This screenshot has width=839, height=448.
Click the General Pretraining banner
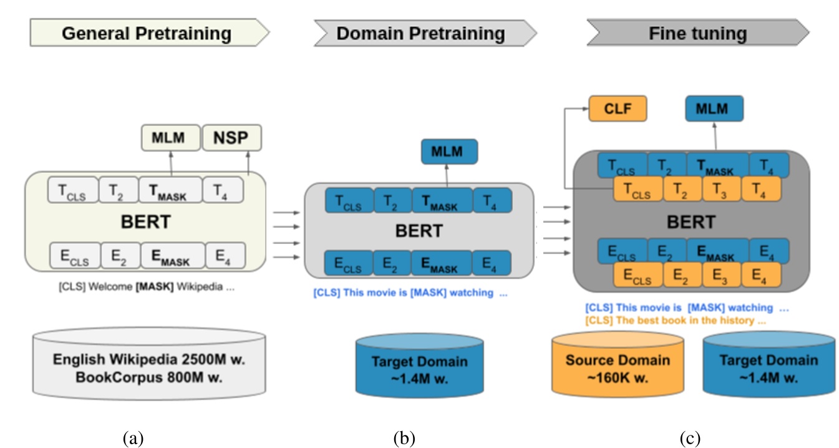[x=147, y=33]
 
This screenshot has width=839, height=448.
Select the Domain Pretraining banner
[x=421, y=33]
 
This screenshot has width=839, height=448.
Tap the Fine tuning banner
[x=697, y=33]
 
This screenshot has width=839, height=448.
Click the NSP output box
[x=231, y=138]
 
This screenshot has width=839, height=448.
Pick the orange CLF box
[x=618, y=109]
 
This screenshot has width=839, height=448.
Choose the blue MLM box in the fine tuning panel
[x=714, y=109]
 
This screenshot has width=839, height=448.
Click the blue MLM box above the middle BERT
[x=449, y=152]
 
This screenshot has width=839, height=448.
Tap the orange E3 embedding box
[x=722, y=274]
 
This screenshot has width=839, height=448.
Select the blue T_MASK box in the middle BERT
[x=442, y=201]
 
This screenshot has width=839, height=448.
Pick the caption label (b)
[x=404, y=438]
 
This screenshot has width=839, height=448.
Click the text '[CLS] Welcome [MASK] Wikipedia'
[x=137, y=289]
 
